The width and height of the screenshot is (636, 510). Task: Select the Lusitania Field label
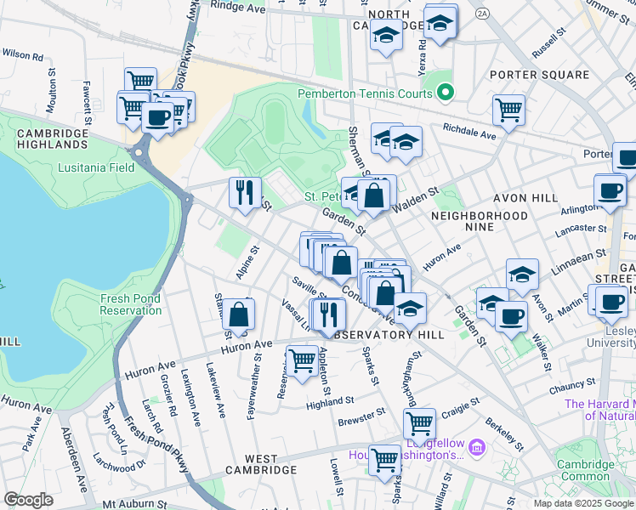point(96,167)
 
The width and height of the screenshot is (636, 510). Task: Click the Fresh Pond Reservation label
point(131,304)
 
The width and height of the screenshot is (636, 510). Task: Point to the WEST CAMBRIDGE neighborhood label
point(260,469)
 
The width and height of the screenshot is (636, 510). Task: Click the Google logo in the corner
point(28,500)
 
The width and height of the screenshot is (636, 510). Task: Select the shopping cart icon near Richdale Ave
point(508,109)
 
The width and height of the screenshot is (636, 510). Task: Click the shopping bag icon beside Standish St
point(239,314)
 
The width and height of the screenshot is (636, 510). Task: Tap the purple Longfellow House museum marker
point(476,446)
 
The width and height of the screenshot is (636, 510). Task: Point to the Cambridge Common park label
point(585,471)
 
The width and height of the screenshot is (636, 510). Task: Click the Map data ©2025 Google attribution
point(583,503)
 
